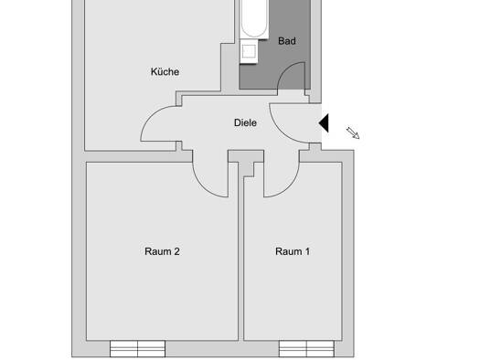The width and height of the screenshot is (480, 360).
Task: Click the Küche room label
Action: tap(165, 71)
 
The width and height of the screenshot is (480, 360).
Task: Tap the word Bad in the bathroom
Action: tap(287, 41)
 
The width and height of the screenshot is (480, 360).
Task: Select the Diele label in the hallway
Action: tap(245, 122)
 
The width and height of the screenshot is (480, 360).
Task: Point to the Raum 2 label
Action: tap(162, 251)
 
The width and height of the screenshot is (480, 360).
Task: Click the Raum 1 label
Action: tap(293, 251)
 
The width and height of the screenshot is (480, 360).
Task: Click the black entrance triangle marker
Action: tap(325, 123)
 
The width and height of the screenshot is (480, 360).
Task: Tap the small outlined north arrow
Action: tap(353, 133)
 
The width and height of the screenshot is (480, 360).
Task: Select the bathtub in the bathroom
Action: tap(253, 19)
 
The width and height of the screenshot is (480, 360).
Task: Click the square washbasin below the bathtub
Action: tap(249, 51)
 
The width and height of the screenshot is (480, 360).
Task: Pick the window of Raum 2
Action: tap(137, 349)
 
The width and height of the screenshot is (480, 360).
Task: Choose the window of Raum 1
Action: tap(306, 349)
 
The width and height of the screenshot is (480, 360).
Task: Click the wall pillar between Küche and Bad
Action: tap(229, 68)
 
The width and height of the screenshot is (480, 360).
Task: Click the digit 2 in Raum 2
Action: tap(176, 251)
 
